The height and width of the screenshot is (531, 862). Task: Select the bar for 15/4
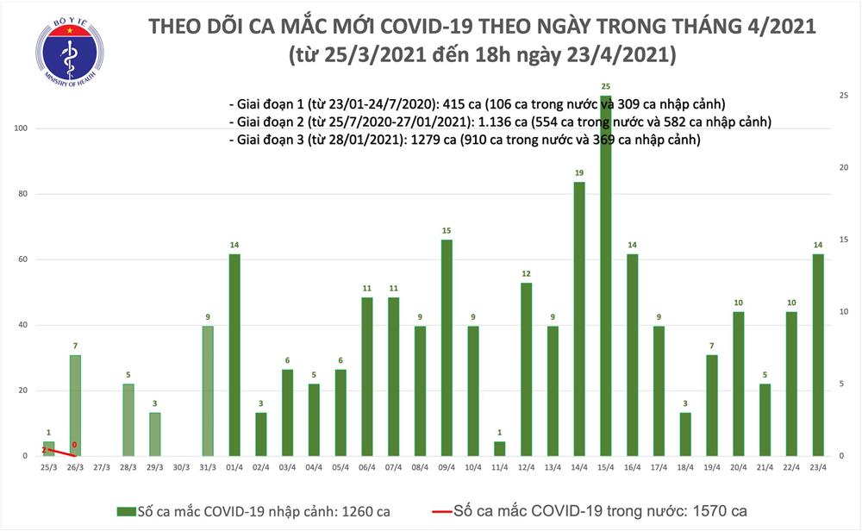(606, 276)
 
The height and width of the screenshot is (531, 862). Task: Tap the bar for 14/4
(579, 319)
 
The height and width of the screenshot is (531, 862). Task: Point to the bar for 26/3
(75, 405)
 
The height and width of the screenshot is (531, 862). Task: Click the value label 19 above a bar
(579, 173)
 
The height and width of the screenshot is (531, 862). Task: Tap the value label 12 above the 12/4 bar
(526, 274)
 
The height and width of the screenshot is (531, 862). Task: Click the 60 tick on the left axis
(23, 259)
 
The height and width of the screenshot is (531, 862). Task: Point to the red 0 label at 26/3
(75, 446)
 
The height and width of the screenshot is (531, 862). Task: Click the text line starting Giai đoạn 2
(500, 121)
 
